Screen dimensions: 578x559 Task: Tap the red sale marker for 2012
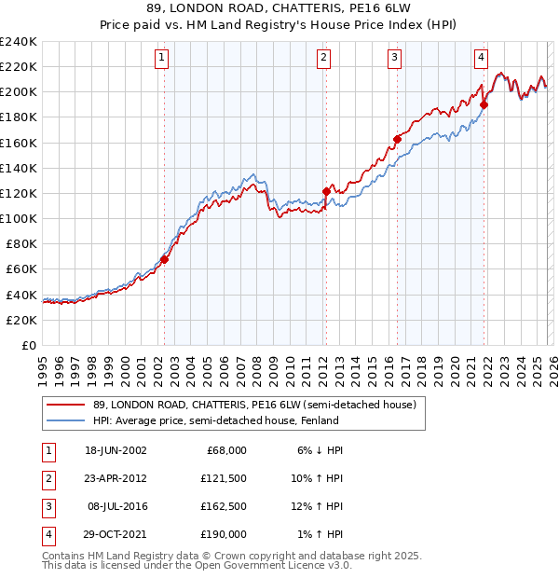pyautogui.click(x=326, y=191)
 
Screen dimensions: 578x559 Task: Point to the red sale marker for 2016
pyautogui.click(x=397, y=139)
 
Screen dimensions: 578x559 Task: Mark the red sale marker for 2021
pyautogui.click(x=484, y=104)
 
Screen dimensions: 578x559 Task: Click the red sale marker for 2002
pyautogui.click(x=164, y=259)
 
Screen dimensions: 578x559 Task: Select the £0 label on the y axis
pyautogui.click(x=28, y=345)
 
